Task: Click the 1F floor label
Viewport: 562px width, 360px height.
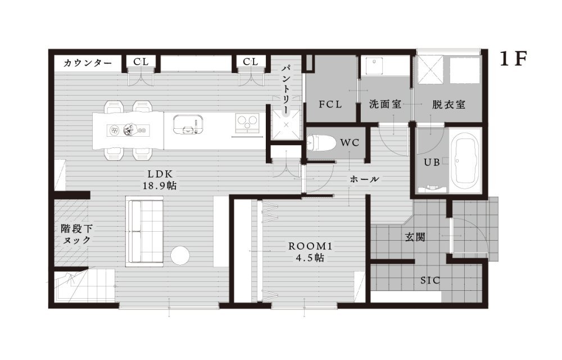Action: coord(513,59)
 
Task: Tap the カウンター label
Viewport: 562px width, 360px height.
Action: coord(88,64)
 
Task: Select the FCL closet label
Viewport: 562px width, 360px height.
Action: coord(330,105)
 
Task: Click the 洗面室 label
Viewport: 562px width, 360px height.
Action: coord(385,104)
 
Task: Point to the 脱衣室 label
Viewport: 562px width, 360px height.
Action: coord(448,104)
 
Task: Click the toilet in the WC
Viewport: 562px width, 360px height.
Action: coord(321,143)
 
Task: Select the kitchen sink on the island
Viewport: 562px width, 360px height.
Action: coord(188,124)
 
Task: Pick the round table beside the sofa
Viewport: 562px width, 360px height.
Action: coord(180,256)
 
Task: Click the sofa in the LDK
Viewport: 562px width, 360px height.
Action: coord(144,232)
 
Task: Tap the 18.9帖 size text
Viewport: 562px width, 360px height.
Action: coord(160,186)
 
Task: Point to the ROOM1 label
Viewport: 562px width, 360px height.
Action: coord(310,246)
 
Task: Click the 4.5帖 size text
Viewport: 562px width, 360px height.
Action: coord(310,258)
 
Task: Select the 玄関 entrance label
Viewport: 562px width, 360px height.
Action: coord(415,237)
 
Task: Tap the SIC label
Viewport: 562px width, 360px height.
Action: coord(430,280)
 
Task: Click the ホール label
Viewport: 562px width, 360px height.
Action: coord(364,179)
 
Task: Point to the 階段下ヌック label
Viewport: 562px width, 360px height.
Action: coord(76,234)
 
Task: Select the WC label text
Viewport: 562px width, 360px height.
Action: coord(350,143)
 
